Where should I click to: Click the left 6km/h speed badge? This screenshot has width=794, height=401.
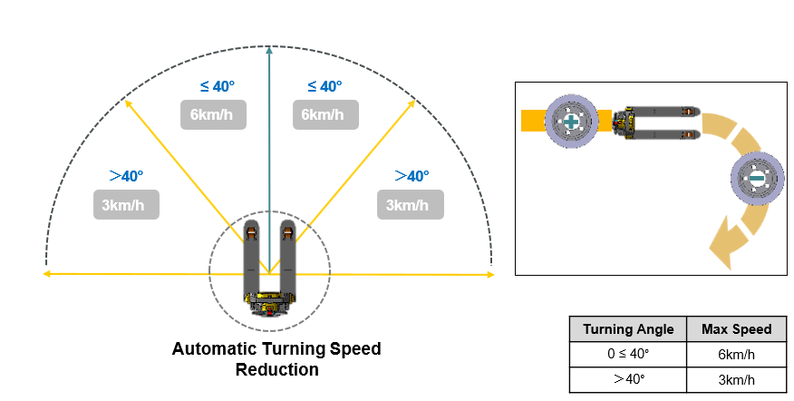213,114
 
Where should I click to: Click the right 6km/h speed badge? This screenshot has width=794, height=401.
325,114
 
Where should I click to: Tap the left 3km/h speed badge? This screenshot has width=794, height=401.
126,205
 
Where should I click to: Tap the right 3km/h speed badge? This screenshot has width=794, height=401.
411,205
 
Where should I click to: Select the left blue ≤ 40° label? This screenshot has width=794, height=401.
218,86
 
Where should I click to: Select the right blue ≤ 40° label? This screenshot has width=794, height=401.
324,86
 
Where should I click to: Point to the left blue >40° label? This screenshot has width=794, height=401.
126,176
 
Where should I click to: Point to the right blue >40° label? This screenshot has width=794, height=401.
412,176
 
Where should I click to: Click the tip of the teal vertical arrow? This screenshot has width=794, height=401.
269,46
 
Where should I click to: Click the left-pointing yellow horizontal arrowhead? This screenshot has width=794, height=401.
46,274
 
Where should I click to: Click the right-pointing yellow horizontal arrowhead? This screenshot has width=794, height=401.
490,275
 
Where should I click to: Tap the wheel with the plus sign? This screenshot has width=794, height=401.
571,122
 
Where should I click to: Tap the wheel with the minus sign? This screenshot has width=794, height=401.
757,179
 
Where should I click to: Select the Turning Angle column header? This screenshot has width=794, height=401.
628,329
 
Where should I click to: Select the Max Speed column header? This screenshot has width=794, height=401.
736,329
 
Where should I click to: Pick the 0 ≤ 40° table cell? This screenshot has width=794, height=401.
628,354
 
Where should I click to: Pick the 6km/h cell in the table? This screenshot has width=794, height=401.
736,354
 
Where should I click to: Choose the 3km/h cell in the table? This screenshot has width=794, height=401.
736,379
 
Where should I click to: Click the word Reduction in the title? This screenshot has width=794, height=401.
277,369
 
